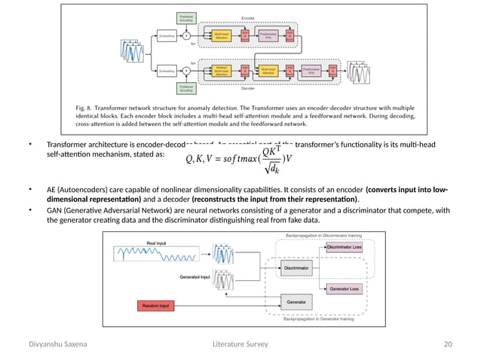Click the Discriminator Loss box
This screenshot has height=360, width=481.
(x=344, y=246)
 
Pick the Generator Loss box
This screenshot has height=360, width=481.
(x=344, y=289)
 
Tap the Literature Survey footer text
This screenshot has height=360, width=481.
(x=240, y=344)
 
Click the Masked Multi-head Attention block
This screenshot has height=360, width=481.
(x=221, y=71)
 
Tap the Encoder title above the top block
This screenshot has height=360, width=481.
(x=247, y=17)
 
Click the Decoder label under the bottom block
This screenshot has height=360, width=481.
(x=247, y=88)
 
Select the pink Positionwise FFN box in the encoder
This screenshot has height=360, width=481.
(x=268, y=35)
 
